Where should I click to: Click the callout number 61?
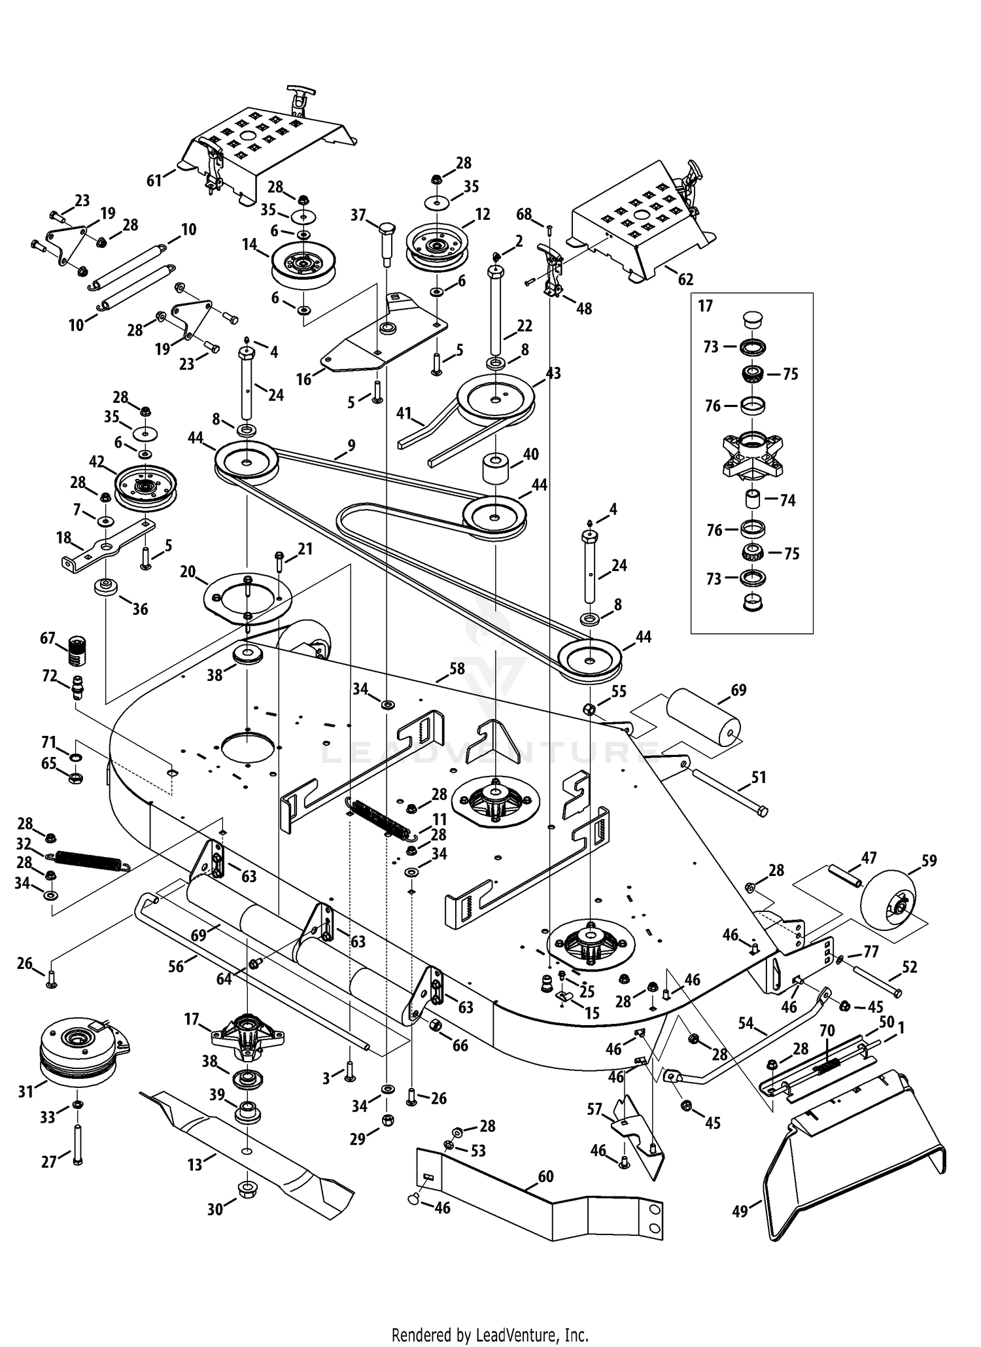154,180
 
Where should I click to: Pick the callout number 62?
685,279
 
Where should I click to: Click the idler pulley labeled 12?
436,247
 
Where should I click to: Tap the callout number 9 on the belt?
351,446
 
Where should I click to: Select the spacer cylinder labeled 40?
496,468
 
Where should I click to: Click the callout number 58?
456,669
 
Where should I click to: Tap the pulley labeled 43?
495,396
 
